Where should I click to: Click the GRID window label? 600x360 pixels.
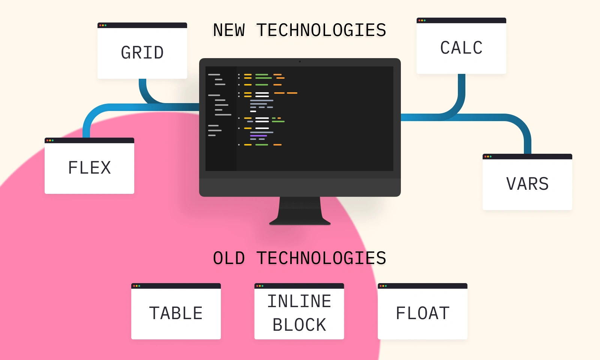pyautogui.click(x=142, y=53)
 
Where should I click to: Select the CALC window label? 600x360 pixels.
pyautogui.click(x=461, y=48)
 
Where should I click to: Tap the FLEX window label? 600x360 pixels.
pyautogui.click(x=90, y=168)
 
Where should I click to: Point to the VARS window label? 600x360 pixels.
pyautogui.click(x=527, y=184)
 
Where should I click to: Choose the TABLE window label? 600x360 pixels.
pyautogui.click(x=176, y=313)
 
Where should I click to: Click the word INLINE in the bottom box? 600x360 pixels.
pyautogui.click(x=299, y=301)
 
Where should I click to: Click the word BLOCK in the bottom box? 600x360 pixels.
pyautogui.click(x=299, y=325)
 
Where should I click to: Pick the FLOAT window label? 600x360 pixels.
pyautogui.click(x=423, y=313)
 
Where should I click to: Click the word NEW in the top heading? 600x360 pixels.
pyautogui.click(x=229, y=30)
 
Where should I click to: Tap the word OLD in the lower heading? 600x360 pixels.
pyautogui.click(x=229, y=258)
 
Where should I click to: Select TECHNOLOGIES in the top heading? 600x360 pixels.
pyautogui.click(x=321, y=30)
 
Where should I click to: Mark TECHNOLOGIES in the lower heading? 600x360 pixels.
pyautogui.click(x=321, y=258)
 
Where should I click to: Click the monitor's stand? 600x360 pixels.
pyautogui.click(x=300, y=212)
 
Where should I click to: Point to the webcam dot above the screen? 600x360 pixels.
pyautogui.click(x=300, y=61)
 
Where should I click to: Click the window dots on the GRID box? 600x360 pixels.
pyautogui.click(x=103, y=25)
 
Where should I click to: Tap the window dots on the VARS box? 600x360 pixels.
pyautogui.click(x=488, y=157)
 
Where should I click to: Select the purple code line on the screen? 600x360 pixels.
pyautogui.click(x=258, y=136)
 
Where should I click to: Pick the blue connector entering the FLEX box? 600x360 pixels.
pyautogui.click(x=87, y=129)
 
